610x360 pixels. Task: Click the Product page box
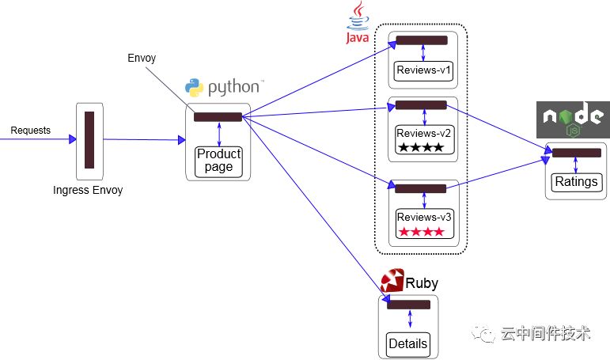tap(218, 162)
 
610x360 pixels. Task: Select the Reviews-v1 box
tap(423, 71)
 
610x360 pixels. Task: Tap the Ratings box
tap(577, 183)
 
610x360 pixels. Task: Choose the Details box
tap(408, 344)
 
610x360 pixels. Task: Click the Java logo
tap(358, 22)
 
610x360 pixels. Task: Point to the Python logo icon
tap(194, 87)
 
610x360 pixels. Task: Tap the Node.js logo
tap(573, 119)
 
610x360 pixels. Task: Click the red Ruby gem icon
tap(392, 280)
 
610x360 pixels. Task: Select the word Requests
tap(30, 131)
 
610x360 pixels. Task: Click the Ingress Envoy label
tap(88, 191)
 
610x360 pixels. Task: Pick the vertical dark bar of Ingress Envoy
tap(89, 140)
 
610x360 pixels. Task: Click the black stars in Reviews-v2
tap(421, 147)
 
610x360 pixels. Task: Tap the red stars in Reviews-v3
tap(422, 232)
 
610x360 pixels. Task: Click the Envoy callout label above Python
tap(142, 59)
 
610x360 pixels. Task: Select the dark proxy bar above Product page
tap(218, 117)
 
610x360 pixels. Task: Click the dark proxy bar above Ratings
tap(577, 153)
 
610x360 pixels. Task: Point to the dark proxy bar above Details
tap(408, 305)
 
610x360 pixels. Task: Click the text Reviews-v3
tap(423, 217)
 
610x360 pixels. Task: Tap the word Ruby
tap(422, 283)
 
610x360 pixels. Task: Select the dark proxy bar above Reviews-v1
tap(422, 40)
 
